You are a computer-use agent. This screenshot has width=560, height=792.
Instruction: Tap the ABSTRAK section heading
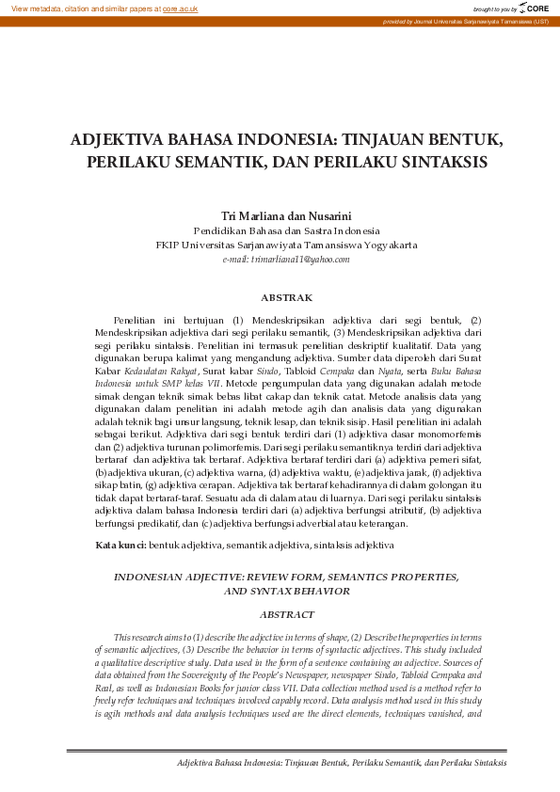coord(286,297)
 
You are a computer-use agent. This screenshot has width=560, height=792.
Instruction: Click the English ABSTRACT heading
coord(286,614)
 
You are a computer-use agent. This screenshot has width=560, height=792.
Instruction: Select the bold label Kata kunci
coord(120,546)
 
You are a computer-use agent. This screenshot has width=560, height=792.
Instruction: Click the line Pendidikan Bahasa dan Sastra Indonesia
coord(286,230)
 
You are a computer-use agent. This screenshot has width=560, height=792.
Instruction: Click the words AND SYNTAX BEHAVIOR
coord(286,592)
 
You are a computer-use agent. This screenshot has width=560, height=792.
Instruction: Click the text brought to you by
coord(495,8)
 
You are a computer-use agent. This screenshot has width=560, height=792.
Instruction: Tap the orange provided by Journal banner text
coord(465,21)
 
